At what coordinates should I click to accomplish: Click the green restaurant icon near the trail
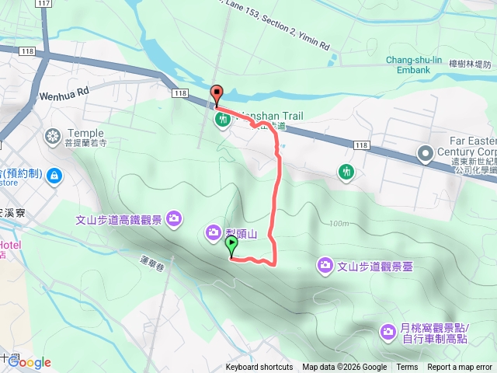coord(223,120)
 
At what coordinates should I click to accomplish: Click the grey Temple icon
coord(53,138)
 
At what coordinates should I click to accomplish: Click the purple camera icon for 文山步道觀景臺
coord(325,266)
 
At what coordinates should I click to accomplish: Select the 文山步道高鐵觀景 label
coord(120,220)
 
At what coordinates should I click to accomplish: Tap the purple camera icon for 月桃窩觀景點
coord(388,333)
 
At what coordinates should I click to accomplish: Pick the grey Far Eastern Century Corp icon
coord(426,153)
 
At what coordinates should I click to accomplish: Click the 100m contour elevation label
coord(338,224)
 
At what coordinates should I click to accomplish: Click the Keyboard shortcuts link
coord(259,368)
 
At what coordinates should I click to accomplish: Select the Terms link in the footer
coord(407,368)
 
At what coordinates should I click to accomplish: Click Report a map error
coord(460,368)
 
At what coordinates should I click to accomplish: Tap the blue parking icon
coord(54,175)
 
